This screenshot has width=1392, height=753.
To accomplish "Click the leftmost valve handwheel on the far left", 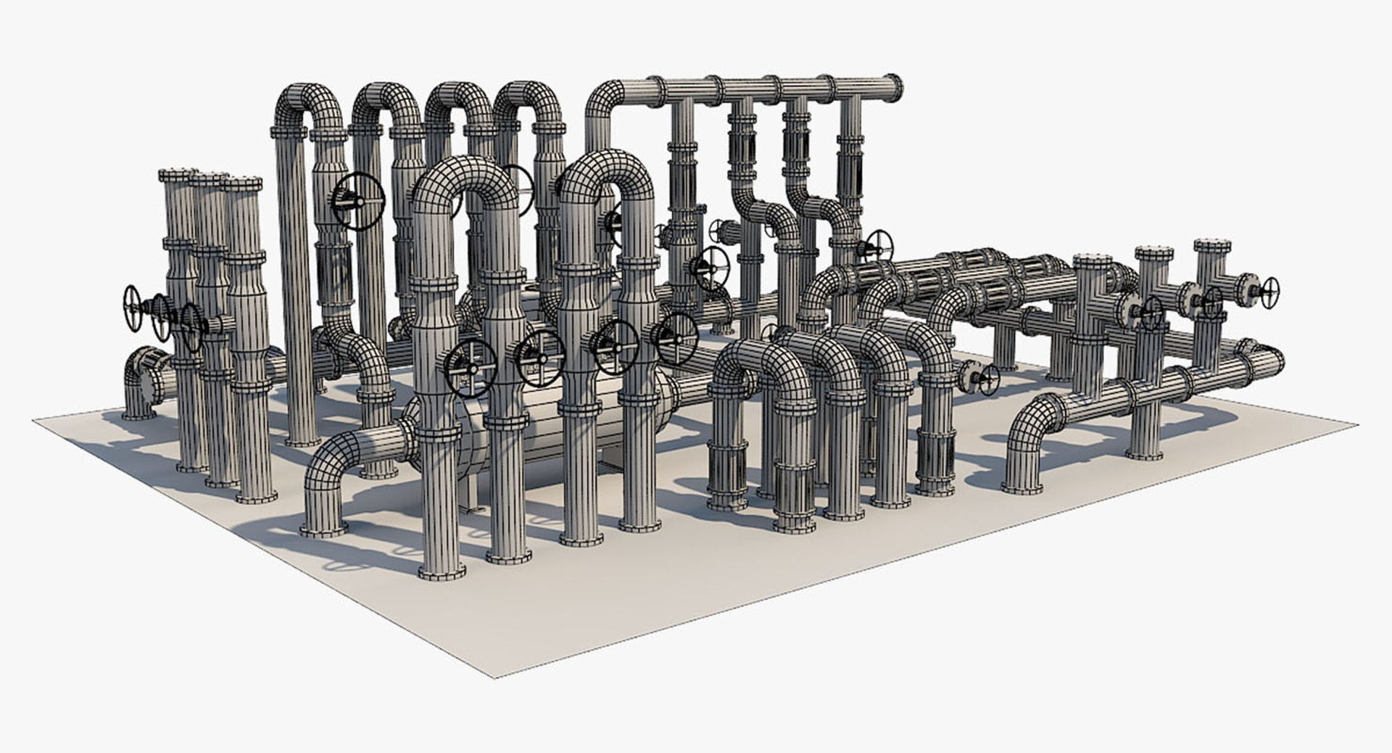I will coord(132,307).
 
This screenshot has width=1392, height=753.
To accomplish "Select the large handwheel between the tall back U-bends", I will coord(358,202).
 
